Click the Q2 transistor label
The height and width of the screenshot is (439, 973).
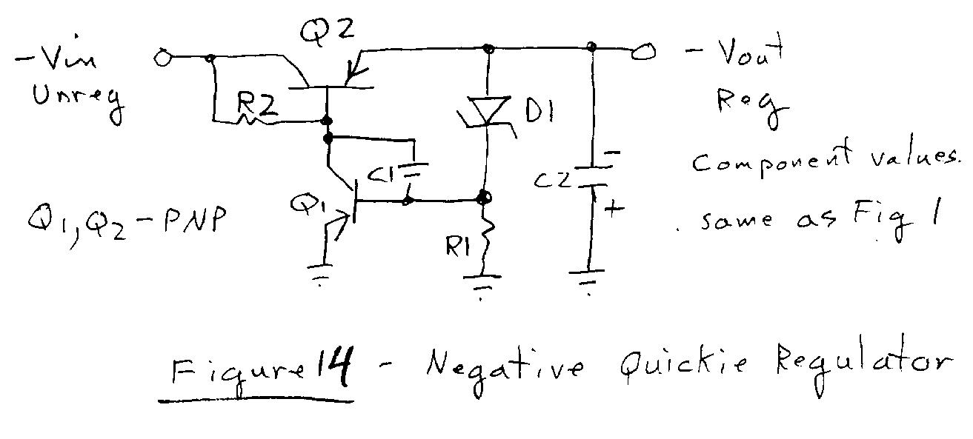(x=328, y=31)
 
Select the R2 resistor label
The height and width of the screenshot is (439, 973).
(x=256, y=108)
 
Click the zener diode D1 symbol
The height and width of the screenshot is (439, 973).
(x=487, y=112)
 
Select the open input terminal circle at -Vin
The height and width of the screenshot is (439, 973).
(x=162, y=57)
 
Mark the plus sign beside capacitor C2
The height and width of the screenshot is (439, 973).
(x=614, y=210)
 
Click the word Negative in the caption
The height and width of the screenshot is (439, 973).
(x=505, y=366)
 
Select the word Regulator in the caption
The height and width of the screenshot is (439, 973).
(x=859, y=363)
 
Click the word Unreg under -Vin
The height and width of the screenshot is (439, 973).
(x=77, y=99)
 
